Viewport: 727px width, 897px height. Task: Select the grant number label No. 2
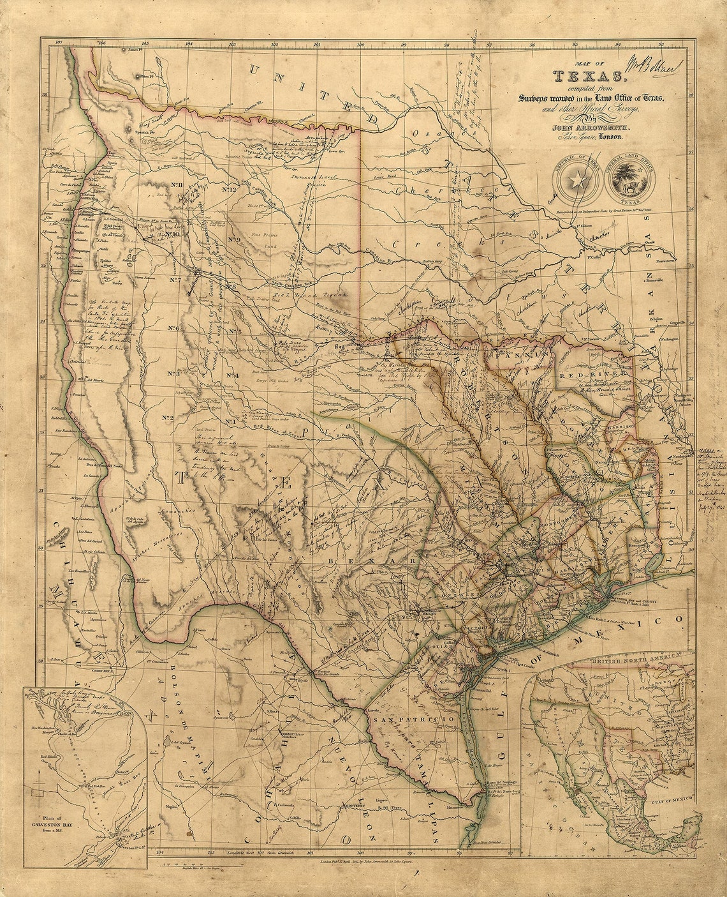[168, 418]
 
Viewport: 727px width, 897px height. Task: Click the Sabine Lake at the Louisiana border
[653, 562]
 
